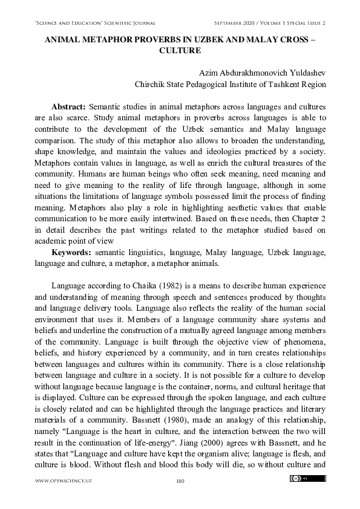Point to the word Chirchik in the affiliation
148,84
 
